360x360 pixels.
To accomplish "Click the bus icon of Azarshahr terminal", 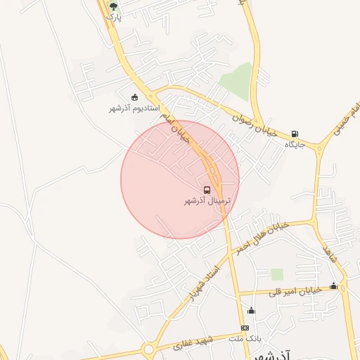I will click(x=207, y=190).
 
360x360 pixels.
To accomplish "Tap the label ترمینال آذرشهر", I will click(x=207, y=201).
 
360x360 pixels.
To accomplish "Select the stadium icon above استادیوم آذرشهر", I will click(x=135, y=97).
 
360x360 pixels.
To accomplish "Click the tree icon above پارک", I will click(x=114, y=6).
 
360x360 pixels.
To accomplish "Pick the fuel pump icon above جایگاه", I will click(x=294, y=134).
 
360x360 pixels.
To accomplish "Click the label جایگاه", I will click(x=294, y=144).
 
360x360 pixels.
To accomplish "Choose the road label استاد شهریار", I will click(x=205, y=282).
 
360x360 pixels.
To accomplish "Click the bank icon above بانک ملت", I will click(x=245, y=328).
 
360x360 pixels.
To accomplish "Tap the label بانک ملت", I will click(x=245, y=338).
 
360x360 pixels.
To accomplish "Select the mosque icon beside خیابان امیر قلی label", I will click(x=333, y=286).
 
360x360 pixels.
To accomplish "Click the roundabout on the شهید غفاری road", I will click(x=148, y=349).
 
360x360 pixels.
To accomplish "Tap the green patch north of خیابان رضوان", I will click(x=237, y=78).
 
